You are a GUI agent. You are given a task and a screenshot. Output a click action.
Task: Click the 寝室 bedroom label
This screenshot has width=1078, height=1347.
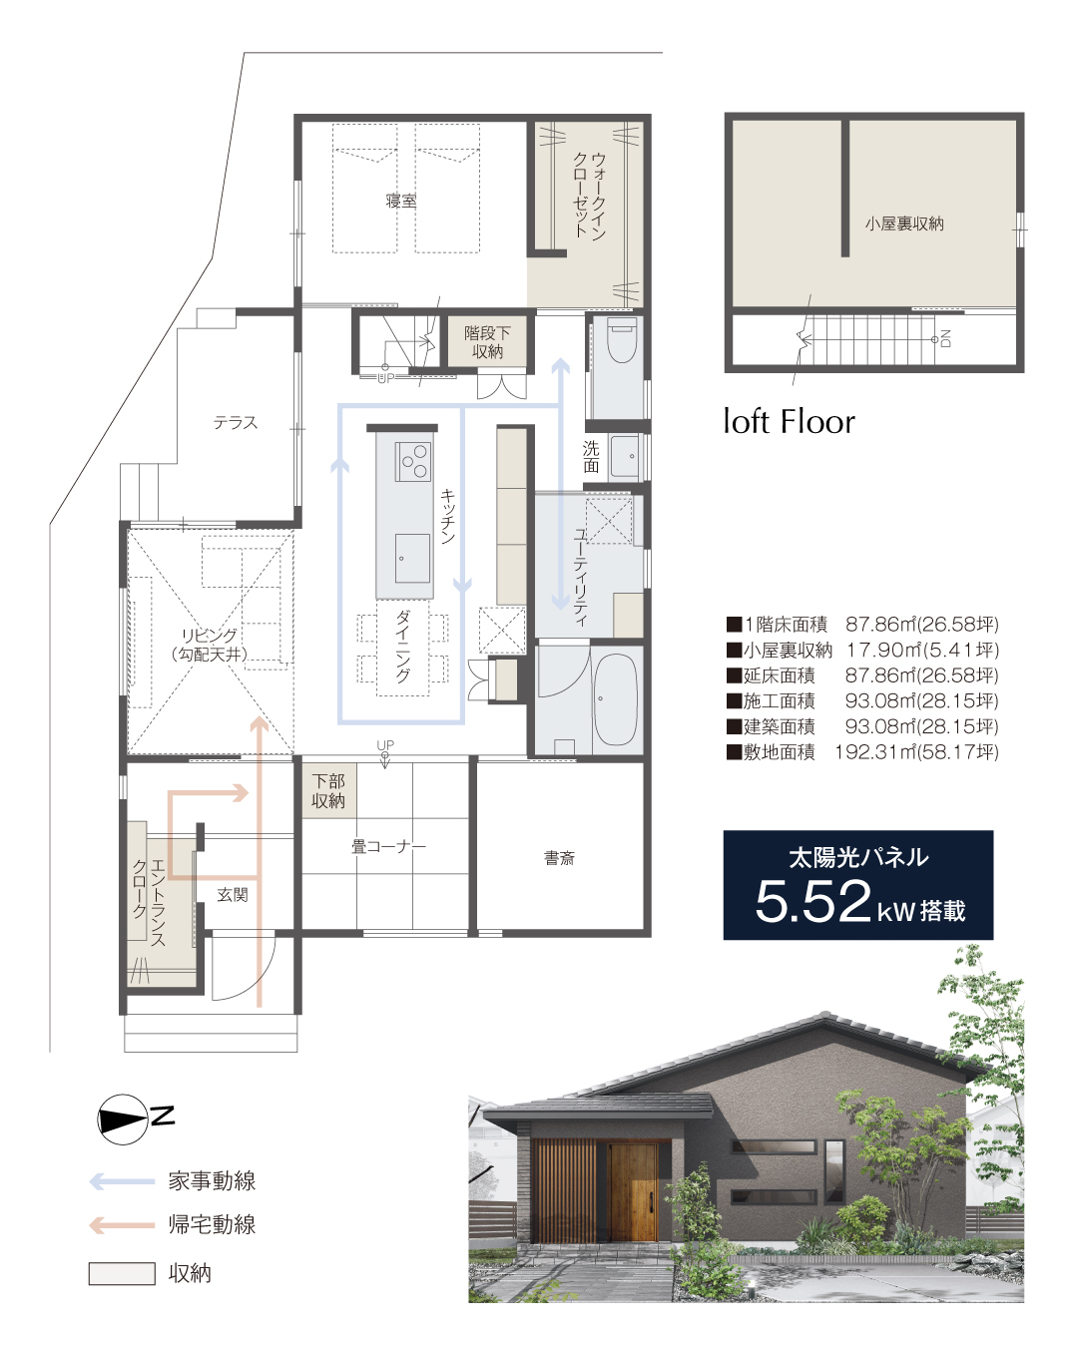tap(401, 201)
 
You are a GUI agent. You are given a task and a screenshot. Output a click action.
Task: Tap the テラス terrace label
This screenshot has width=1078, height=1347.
tap(236, 422)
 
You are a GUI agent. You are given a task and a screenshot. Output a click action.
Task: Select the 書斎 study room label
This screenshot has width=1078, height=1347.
tap(559, 857)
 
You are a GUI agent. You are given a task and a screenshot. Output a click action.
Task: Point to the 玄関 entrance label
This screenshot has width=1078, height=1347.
tap(233, 894)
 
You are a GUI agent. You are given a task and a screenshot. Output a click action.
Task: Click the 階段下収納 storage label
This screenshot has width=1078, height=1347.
tap(487, 342)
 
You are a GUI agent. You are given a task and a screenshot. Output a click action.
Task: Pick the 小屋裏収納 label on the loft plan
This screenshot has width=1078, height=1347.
tap(904, 224)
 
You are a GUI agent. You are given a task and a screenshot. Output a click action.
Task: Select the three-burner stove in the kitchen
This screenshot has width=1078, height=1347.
tap(413, 461)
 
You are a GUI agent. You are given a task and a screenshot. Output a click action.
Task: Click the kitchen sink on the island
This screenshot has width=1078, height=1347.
tap(412, 558)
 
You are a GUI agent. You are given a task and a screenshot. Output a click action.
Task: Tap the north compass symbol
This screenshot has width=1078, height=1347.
tap(123, 1120)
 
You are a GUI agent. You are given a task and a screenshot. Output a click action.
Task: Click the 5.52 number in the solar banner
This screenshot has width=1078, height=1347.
tap(812, 901)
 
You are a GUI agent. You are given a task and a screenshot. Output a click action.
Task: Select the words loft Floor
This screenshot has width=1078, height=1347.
tap(790, 421)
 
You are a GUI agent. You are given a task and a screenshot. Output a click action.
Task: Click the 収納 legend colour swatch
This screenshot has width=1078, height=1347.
tap(122, 1274)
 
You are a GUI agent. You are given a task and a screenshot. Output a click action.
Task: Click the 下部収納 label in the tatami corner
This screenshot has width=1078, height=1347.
tap(328, 790)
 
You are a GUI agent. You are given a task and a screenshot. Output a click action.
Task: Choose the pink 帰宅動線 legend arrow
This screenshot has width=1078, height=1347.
tap(122, 1225)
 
